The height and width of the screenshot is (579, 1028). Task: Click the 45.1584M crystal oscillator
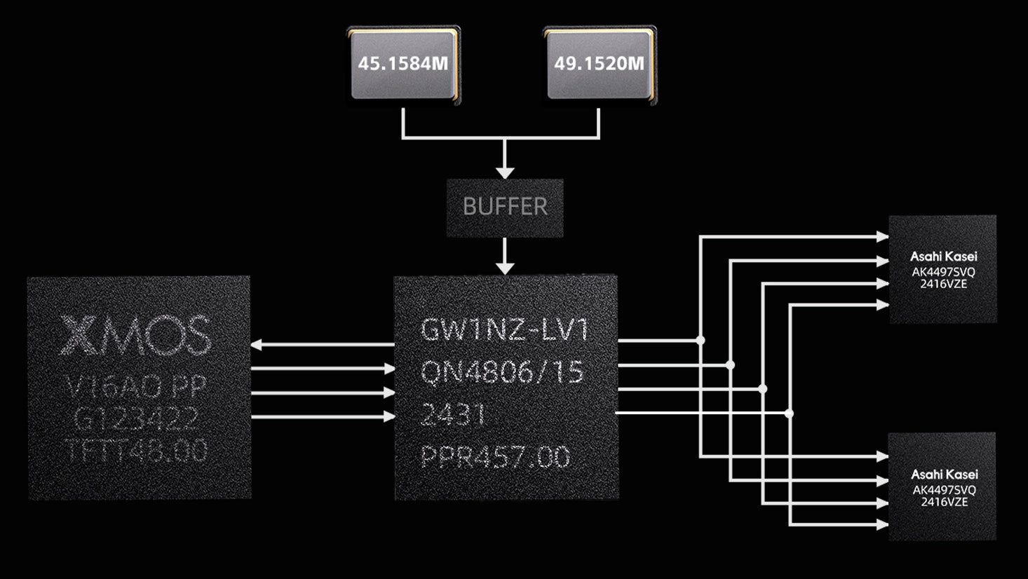403,64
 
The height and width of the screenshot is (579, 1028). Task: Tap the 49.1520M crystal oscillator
600,64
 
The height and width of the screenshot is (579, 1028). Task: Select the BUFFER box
505,207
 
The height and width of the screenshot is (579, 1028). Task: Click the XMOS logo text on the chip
135,335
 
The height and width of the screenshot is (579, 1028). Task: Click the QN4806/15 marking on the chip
502,372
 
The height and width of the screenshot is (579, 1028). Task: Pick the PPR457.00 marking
495,458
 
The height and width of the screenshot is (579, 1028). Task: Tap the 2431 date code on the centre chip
453,415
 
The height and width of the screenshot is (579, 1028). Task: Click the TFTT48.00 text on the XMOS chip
136,451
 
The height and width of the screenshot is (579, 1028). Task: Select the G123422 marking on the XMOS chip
136,419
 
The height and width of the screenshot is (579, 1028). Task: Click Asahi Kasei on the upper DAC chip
943,257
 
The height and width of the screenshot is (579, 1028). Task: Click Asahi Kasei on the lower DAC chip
943,475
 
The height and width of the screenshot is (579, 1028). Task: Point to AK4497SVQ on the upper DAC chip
943,272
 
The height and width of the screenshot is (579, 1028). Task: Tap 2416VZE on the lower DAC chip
944,502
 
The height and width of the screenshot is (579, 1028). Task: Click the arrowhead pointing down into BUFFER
505,172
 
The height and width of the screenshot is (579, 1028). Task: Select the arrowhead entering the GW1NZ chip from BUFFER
505,268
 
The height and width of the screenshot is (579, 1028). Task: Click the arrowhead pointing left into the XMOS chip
257,344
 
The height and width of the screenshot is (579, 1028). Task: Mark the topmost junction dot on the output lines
700,340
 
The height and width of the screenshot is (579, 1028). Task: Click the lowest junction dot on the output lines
789,414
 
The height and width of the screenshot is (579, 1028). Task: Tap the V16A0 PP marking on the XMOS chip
136,386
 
